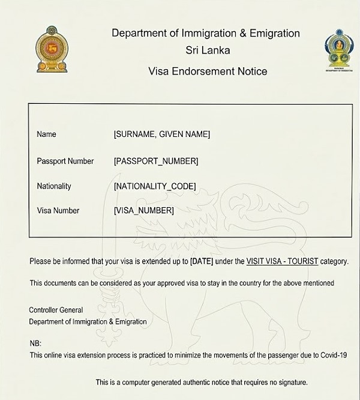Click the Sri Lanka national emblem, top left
pos(52,49)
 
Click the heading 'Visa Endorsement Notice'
pos(208,71)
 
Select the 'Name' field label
pos(46,135)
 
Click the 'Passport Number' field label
pos(65,161)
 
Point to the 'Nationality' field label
pos(54,186)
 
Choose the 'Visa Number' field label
pos(58,211)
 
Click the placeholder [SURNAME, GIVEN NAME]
pos(162,135)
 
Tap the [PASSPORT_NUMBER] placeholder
pos(156,161)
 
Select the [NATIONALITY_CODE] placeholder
pos(155,186)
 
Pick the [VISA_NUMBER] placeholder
pos(144,211)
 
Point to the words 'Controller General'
pos(56,311)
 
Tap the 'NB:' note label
pos(35,344)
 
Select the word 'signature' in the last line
pos(290,383)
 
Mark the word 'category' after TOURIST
pos(333,262)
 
